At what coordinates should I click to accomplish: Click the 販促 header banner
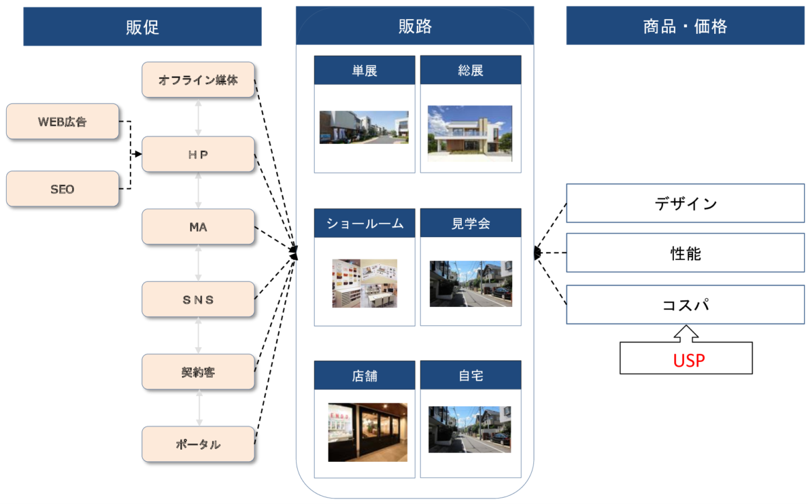(142, 26)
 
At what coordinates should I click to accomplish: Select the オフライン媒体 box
(199, 79)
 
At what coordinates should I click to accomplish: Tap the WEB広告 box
(63, 122)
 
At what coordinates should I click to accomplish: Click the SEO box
(63, 189)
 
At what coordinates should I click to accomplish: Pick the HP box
(199, 154)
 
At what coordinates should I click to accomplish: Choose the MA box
(199, 226)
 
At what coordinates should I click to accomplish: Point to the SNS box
(199, 299)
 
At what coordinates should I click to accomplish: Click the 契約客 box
(199, 372)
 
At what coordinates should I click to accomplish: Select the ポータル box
(199, 444)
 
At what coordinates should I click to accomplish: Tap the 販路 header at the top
(415, 26)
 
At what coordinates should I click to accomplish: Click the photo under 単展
(364, 127)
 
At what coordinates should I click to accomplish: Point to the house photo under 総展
(470, 133)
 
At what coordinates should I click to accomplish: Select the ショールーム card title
(365, 223)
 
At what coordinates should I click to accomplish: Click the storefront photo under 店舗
(367, 432)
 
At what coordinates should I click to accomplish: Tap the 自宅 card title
(471, 376)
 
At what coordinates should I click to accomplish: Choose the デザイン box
(686, 203)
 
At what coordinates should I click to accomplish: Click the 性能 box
(686, 253)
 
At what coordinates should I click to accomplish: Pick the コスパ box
(686, 305)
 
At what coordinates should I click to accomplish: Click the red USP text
(688, 361)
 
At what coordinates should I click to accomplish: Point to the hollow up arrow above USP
(686, 334)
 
